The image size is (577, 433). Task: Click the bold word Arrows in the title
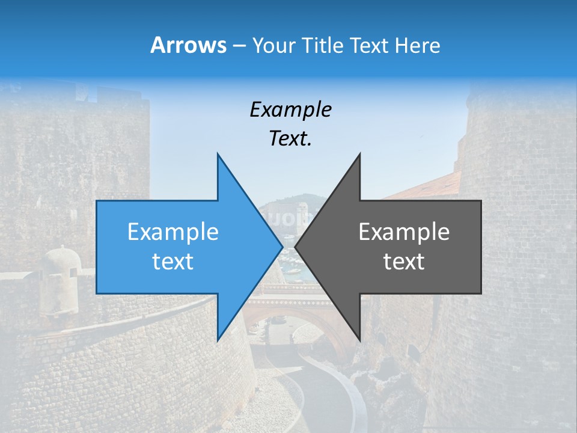click(x=188, y=45)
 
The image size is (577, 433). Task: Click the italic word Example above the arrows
click(x=290, y=110)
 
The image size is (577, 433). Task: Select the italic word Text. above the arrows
click(x=290, y=139)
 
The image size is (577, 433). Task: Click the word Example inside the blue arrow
click(x=173, y=232)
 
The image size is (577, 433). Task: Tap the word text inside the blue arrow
click(x=173, y=262)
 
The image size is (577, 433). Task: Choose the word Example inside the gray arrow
click(x=404, y=232)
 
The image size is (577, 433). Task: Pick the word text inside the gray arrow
click(x=404, y=262)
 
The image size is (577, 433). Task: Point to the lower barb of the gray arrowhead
click(x=359, y=337)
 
